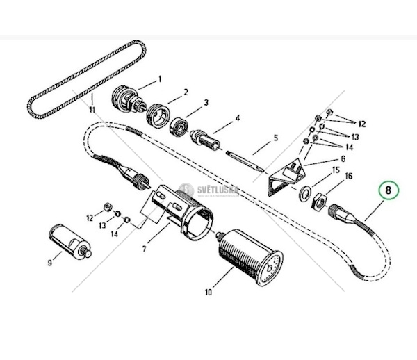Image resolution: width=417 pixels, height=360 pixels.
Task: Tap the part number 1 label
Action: tap(159, 79)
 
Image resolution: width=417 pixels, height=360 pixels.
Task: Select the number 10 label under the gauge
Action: tap(208, 292)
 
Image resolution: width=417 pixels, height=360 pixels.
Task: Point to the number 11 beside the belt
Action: tap(91, 109)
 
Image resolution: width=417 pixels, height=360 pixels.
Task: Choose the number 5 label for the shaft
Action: tap(275, 138)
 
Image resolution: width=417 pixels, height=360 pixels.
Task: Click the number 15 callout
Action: tap(335, 169)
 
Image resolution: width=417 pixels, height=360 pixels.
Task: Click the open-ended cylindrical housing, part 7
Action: tap(184, 208)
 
